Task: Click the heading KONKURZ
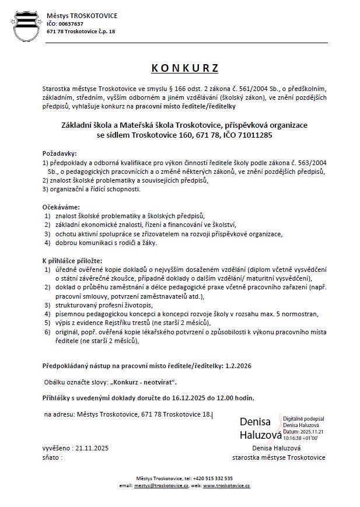pyautogui.click(x=180, y=68)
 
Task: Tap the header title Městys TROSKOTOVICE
pyautogui.click(x=82, y=16)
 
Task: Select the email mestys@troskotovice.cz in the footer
pyautogui.click(x=161, y=485)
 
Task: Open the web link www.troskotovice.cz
pyautogui.click(x=226, y=485)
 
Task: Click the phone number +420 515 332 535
pyautogui.click(x=211, y=477)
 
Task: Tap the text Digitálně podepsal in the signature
pyautogui.click(x=303, y=419)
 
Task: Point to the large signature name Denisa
pyautogui.click(x=255, y=421)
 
